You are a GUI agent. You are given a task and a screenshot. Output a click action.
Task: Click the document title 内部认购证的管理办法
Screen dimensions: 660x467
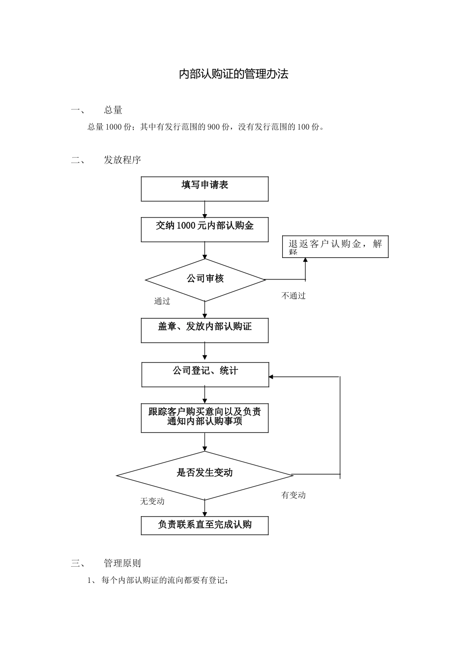(x=233, y=74)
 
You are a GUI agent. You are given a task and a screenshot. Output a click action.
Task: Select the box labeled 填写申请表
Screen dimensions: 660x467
(x=204, y=189)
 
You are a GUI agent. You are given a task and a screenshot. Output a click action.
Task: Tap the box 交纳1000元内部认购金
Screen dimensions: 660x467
(x=204, y=229)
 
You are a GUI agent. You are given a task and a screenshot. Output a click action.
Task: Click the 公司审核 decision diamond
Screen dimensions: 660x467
(x=205, y=279)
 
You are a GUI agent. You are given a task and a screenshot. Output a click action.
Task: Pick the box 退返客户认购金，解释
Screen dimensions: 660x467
(x=335, y=247)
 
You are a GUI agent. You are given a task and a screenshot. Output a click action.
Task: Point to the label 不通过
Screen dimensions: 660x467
(x=293, y=296)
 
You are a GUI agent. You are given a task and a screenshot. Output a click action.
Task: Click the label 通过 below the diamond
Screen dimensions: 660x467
(x=162, y=301)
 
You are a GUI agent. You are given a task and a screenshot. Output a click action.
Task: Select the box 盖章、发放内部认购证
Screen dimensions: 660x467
(x=204, y=330)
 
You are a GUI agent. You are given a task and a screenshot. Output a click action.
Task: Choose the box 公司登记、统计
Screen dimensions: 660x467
(x=205, y=374)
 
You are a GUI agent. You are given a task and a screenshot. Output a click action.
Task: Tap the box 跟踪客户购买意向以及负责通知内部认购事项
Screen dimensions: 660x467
(x=204, y=418)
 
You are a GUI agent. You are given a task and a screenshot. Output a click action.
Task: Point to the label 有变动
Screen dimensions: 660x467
(x=293, y=495)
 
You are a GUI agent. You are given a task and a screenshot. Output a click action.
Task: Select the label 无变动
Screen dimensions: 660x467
(x=152, y=501)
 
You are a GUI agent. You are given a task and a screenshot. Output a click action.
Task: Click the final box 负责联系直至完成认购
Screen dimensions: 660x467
(x=204, y=525)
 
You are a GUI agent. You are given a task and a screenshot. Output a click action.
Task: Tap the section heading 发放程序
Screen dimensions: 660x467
(x=122, y=160)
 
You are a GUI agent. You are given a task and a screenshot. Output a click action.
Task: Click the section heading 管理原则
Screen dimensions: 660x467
(x=122, y=563)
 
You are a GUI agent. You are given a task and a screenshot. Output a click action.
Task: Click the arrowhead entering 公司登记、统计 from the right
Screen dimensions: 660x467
(x=272, y=377)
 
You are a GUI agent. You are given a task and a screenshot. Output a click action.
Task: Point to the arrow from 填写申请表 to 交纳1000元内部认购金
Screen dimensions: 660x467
(x=204, y=209)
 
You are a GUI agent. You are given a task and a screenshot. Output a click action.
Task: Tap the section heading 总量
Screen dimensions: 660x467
(x=113, y=110)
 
